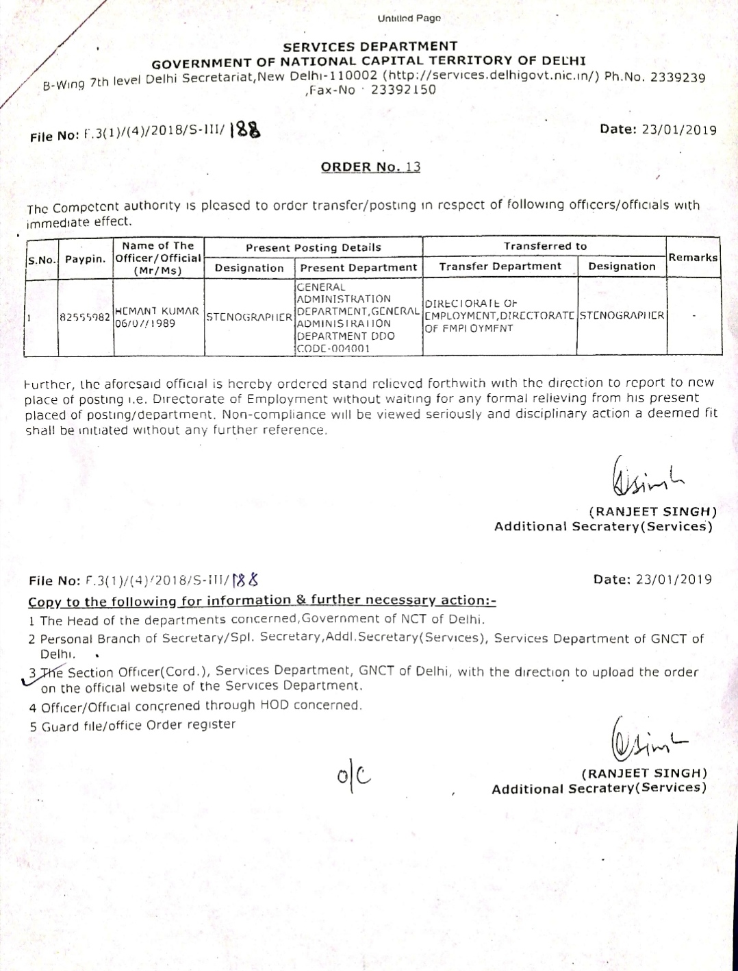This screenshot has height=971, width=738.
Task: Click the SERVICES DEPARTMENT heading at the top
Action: [370, 46]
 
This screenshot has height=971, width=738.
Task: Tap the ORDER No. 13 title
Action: [370, 167]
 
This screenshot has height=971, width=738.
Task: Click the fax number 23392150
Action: [403, 90]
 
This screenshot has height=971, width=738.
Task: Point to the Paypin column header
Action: [86, 259]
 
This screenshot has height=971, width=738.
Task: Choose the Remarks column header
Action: [693, 258]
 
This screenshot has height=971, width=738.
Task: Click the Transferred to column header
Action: [545, 246]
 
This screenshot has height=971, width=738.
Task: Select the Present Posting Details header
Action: [313, 247]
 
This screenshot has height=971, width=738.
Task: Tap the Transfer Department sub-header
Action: [500, 267]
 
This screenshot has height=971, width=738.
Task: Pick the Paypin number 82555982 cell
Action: [86, 317]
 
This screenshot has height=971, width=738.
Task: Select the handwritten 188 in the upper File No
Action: [245, 130]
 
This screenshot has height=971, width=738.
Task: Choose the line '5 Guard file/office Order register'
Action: [132, 725]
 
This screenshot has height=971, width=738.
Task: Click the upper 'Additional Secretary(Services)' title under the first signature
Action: [603, 526]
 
